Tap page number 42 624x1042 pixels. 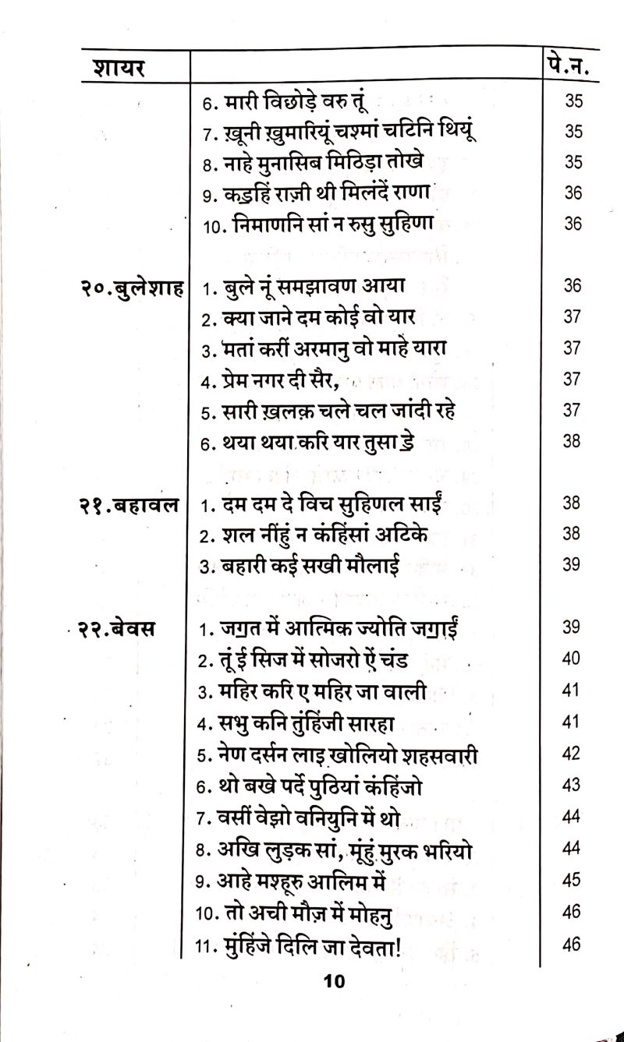[x=571, y=754]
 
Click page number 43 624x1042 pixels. [x=571, y=786]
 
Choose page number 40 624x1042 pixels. [x=571, y=659]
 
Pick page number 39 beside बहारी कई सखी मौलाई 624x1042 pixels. [x=571, y=565]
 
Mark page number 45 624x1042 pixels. [x=571, y=880]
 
